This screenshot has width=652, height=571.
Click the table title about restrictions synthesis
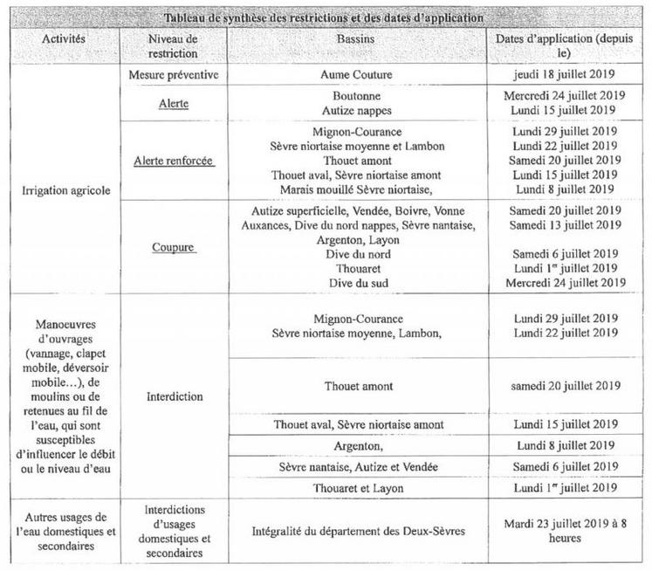[324, 18]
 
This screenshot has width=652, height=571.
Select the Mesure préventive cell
[174, 75]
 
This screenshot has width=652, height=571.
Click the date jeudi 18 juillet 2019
[569, 75]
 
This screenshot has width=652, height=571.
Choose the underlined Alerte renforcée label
[174, 161]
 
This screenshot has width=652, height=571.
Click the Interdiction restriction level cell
[174, 395]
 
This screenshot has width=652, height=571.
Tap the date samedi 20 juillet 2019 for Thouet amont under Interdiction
[569, 386]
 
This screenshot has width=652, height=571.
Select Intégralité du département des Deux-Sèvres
[357, 531]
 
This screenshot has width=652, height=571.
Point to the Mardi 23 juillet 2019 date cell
[569, 531]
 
